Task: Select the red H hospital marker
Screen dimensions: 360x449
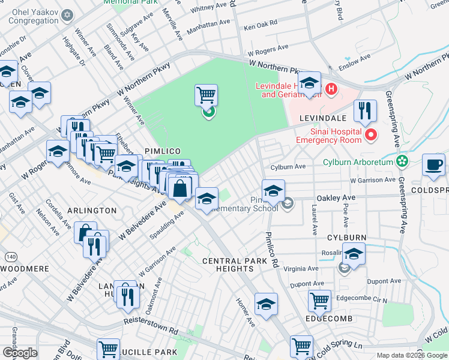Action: click(330, 90)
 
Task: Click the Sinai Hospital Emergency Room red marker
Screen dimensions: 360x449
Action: click(370, 135)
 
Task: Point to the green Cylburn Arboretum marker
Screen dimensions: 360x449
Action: click(402, 161)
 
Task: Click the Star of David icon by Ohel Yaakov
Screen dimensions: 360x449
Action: click(67, 14)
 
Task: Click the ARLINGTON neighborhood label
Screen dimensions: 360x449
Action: click(92, 211)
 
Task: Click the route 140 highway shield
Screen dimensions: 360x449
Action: click(10, 257)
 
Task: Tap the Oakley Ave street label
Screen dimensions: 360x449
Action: click(332, 197)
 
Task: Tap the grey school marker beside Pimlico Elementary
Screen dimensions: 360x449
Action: click(288, 203)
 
